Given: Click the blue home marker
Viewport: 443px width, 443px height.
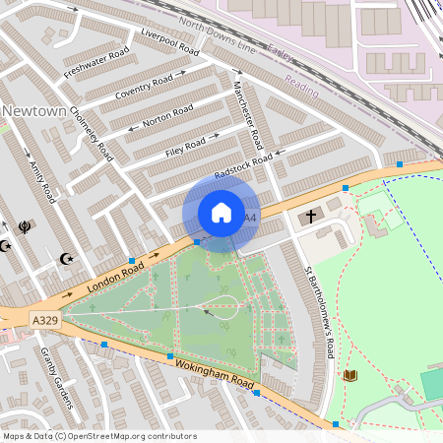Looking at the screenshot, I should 221,213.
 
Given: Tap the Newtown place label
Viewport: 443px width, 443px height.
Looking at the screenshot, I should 33,111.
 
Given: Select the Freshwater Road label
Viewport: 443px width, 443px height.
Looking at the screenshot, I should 96,63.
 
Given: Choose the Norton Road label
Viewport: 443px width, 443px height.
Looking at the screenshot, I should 167,116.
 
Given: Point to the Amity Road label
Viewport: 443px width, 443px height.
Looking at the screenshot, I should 46,181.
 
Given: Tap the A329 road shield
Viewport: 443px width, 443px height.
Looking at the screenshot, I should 44,321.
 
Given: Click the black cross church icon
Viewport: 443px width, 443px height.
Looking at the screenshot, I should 311,217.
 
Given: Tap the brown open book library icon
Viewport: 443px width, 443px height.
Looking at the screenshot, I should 351,375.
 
